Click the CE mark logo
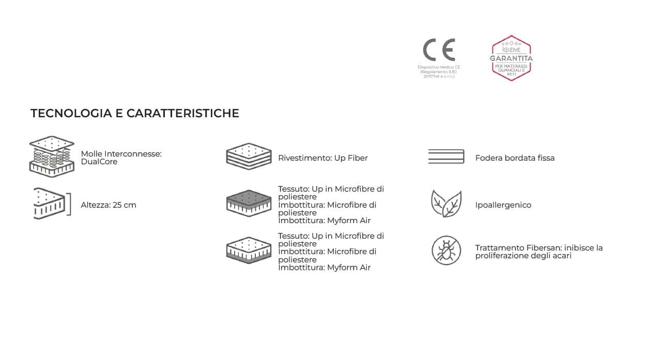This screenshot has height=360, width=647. click(x=439, y=50)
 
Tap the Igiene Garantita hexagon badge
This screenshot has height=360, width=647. click(x=511, y=58)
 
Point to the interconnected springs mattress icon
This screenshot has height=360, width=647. click(x=52, y=156)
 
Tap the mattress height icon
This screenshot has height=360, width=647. click(x=50, y=204)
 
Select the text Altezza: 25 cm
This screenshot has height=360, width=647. click(x=109, y=205)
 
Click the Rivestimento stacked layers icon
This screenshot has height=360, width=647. click(x=249, y=156)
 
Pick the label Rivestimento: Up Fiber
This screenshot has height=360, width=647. click(x=323, y=158)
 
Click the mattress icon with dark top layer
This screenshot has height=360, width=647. click(x=249, y=203)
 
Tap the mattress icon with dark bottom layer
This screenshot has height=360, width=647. click(x=249, y=251)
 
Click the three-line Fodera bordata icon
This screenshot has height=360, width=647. click(x=446, y=156)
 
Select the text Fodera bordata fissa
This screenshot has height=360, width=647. click(x=515, y=158)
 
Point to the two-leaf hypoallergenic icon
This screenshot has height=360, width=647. click(x=446, y=204)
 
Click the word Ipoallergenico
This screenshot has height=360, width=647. click(x=503, y=205)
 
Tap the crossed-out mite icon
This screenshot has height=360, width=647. click(x=446, y=251)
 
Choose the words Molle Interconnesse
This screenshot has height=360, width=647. click(x=121, y=154)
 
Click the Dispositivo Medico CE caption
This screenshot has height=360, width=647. click(x=439, y=72)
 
